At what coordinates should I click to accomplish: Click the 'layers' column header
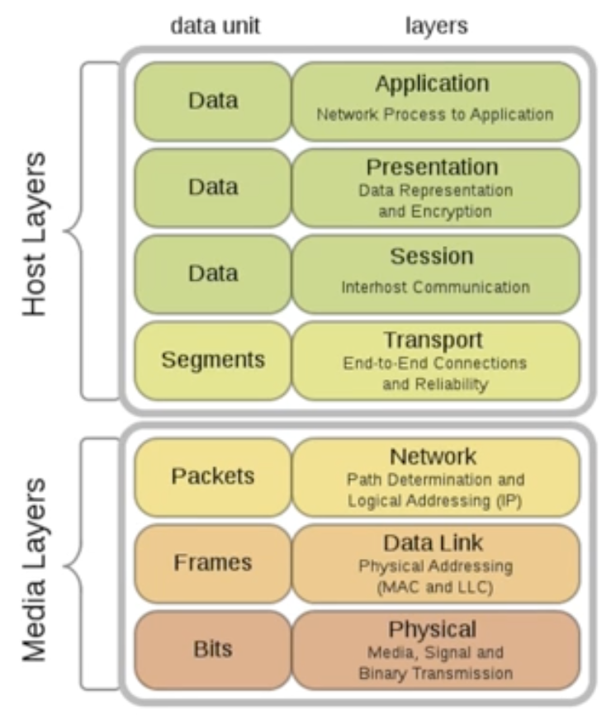point(436,26)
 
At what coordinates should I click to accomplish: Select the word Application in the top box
point(432,83)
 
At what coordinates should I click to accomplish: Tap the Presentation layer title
point(432,167)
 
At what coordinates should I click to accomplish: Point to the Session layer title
point(432,256)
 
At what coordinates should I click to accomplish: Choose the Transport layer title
point(432,339)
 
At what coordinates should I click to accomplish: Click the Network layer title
point(432,456)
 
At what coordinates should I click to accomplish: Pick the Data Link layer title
point(433,542)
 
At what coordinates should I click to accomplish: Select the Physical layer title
point(432,629)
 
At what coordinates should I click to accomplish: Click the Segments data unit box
point(213,360)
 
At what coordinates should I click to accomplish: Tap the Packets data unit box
point(213,476)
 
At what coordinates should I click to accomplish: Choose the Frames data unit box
point(213,563)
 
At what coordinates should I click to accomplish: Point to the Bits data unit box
point(213,649)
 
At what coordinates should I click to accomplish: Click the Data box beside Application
point(213,101)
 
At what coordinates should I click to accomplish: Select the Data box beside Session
point(213,273)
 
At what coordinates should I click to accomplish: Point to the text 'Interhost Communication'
point(435,287)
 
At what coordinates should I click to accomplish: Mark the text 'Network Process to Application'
point(435,115)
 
